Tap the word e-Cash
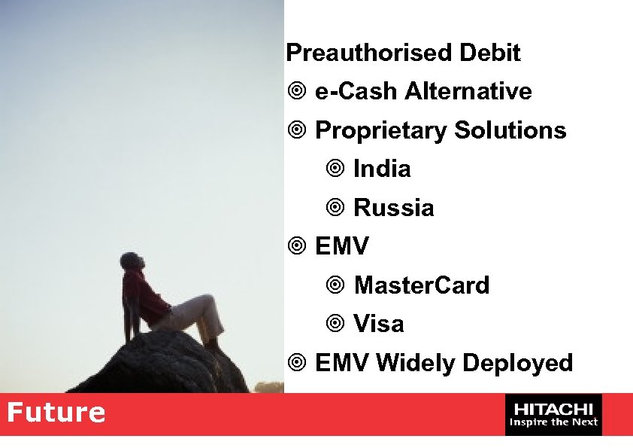click(356, 92)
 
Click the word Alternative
click(468, 92)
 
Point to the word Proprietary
click(380, 131)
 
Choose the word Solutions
click(510, 130)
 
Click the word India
click(382, 169)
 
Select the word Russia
click(393, 208)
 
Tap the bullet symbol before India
click(335, 169)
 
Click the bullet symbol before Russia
click(335, 209)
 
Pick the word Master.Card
click(421, 285)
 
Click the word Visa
click(378, 324)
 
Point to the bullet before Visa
click(335, 325)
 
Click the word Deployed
click(517, 363)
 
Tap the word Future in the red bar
click(56, 413)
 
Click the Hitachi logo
click(553, 408)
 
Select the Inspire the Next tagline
click(553, 422)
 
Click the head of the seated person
click(130, 262)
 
